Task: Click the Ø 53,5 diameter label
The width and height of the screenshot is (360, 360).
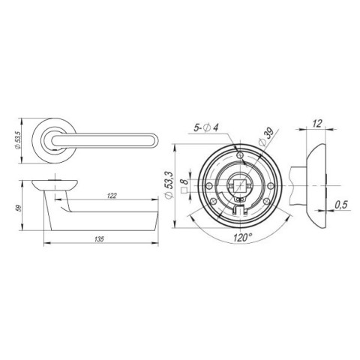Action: click(18, 140)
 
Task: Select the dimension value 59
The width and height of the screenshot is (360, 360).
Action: click(19, 208)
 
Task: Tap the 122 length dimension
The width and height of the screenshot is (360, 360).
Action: click(112, 196)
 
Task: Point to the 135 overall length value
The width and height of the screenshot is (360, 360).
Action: click(99, 239)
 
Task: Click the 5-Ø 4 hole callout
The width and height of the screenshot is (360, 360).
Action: click(206, 127)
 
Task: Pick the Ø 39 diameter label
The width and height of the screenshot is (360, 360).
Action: click(266, 137)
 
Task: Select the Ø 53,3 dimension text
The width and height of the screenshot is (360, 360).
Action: click(169, 185)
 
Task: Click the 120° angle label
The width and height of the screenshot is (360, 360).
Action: click(242, 238)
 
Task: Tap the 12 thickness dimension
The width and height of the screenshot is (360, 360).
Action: click(317, 124)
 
